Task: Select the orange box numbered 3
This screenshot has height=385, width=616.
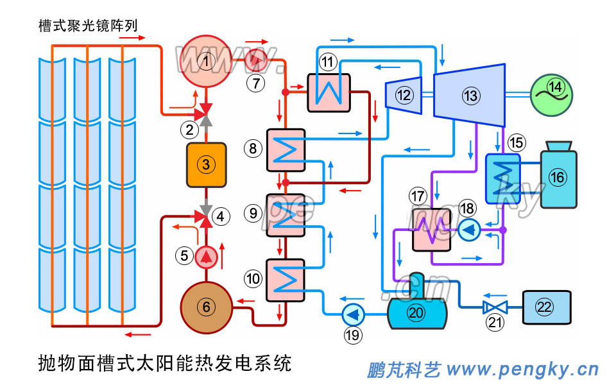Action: click(205, 164)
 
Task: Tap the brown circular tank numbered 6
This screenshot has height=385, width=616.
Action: click(206, 307)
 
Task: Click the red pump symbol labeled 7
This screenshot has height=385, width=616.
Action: click(257, 60)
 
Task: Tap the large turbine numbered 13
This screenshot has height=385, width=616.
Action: click(470, 95)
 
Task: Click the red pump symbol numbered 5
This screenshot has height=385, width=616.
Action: click(206, 257)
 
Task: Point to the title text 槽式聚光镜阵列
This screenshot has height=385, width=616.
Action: click(88, 26)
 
